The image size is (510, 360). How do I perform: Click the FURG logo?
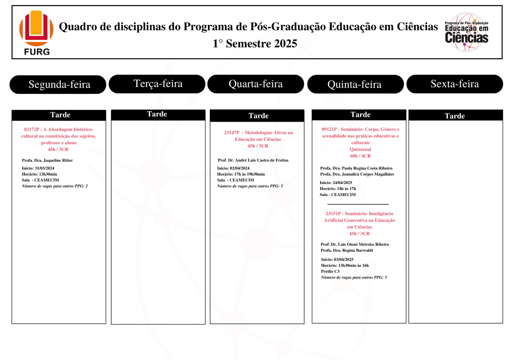pos(36,33)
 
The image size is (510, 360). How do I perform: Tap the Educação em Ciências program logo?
pos(466,32)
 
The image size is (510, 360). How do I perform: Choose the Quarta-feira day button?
pos(256,84)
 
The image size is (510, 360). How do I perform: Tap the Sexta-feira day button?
pos(455,84)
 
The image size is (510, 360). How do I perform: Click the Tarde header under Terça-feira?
pos(157,114)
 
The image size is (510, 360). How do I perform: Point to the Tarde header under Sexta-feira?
pos(455,116)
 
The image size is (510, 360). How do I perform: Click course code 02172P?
pos(32,129)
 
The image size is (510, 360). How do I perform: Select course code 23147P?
pos(232,133)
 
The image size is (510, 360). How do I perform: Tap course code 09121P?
pos(329,129)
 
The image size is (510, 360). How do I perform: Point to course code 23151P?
pos(333,214)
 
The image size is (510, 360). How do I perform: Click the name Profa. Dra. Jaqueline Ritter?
pos(47,160)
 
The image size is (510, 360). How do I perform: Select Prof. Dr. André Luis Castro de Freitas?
pos(253,160)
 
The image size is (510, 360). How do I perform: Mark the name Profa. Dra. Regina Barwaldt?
pos(347,250)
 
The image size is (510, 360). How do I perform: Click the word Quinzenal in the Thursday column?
pos(360,149)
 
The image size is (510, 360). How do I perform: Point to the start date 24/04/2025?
pos(342,183)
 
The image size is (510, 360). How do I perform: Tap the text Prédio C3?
pos(330,271)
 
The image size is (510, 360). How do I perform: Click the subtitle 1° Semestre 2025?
pos(255,44)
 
